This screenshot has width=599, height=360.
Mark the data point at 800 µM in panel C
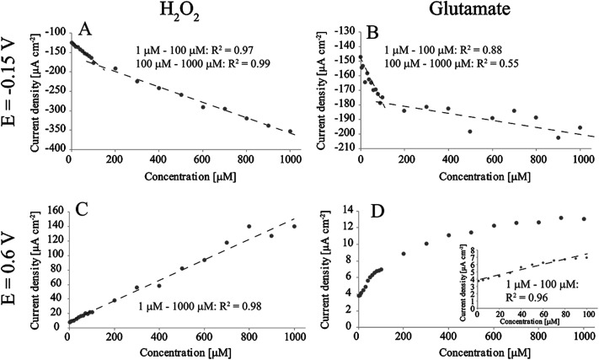249,226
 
